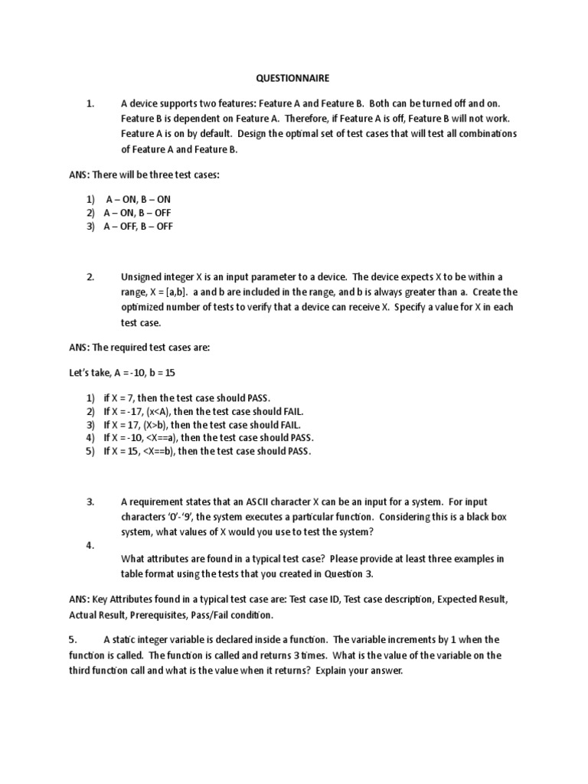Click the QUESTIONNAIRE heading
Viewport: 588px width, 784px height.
click(294, 77)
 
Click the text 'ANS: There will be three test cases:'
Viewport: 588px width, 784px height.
click(144, 175)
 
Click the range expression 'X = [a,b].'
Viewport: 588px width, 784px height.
click(164, 292)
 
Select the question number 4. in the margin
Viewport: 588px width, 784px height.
click(90, 544)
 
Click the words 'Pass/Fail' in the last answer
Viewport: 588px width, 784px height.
click(198, 615)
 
